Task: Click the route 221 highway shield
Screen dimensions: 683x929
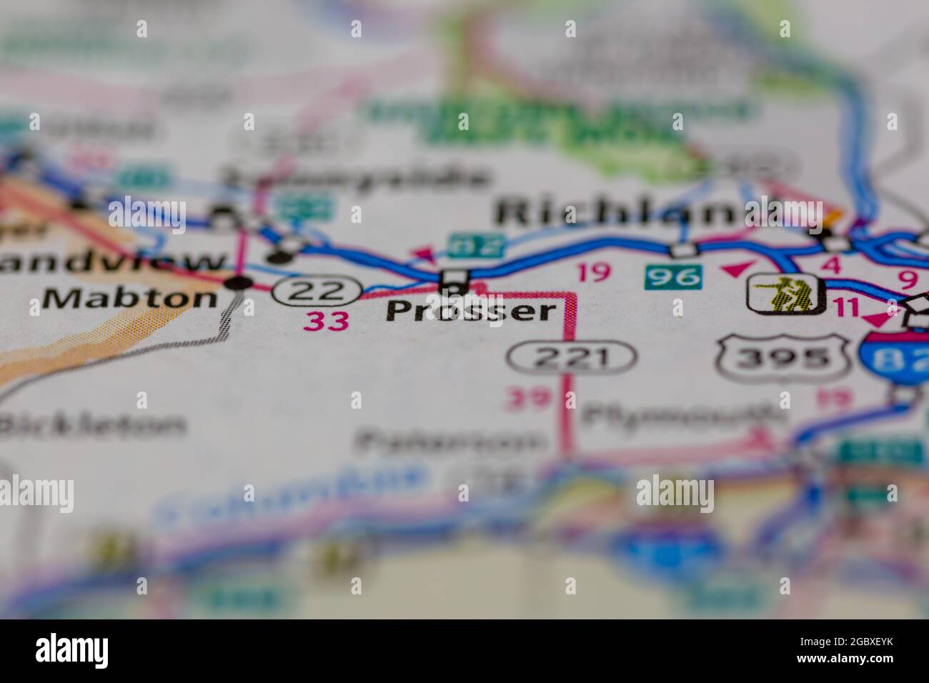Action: click(x=572, y=357)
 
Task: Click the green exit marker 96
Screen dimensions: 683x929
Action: click(x=672, y=275)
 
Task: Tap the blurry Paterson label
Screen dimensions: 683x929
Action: click(x=450, y=443)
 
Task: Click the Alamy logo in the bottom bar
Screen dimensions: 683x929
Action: click(x=71, y=650)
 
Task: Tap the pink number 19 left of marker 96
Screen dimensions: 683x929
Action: click(x=593, y=273)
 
